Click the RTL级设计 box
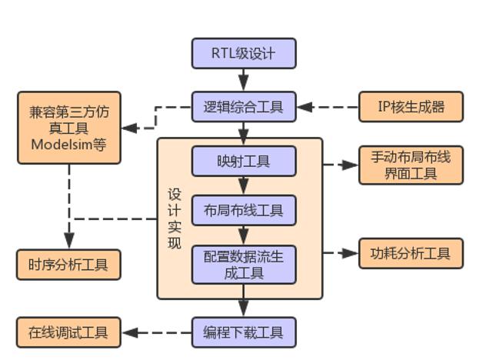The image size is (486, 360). (x=243, y=54)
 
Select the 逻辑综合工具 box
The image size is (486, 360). (x=243, y=106)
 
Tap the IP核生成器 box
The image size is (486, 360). (x=411, y=107)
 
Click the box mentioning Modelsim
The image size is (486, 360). (x=69, y=128)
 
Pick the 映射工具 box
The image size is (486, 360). (x=243, y=162)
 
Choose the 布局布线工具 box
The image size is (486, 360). (x=243, y=210)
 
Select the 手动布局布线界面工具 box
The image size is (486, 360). (x=411, y=165)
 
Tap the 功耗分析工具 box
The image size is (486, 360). (x=411, y=253)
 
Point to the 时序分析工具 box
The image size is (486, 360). (x=69, y=265)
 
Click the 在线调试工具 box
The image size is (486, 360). (x=69, y=333)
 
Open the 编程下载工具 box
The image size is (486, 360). (x=243, y=333)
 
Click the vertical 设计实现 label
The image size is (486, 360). (x=175, y=218)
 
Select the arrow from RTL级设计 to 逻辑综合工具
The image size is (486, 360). (x=243, y=80)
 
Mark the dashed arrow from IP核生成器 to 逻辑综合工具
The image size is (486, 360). (x=328, y=107)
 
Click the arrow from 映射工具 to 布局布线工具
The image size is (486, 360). (x=243, y=185)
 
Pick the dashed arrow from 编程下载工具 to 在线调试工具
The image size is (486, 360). (x=157, y=333)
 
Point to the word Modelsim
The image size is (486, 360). (x=62, y=144)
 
